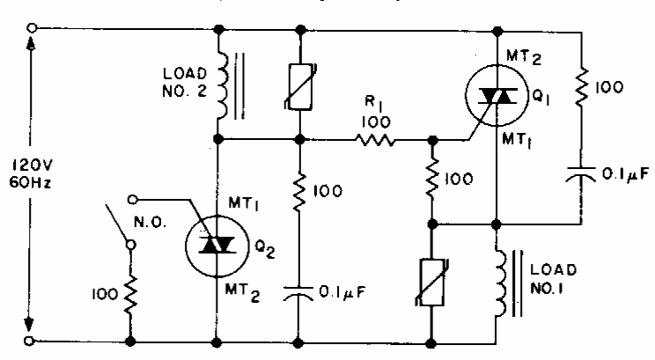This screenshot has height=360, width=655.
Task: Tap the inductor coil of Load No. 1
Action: point(497,283)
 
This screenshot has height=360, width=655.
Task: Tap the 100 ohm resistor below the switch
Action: point(130,287)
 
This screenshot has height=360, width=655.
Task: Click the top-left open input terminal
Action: point(33,29)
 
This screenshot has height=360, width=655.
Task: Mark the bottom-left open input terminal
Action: point(33,340)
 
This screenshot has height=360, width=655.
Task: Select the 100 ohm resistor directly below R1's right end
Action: point(433,180)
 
